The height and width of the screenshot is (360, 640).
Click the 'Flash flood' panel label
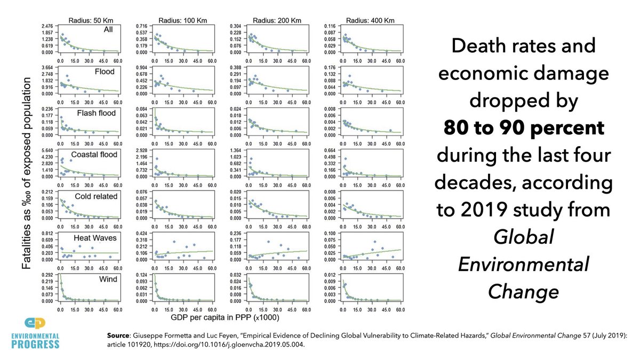pyautogui.click(x=98, y=113)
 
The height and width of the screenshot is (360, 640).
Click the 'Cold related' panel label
pyautogui.click(x=97, y=196)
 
